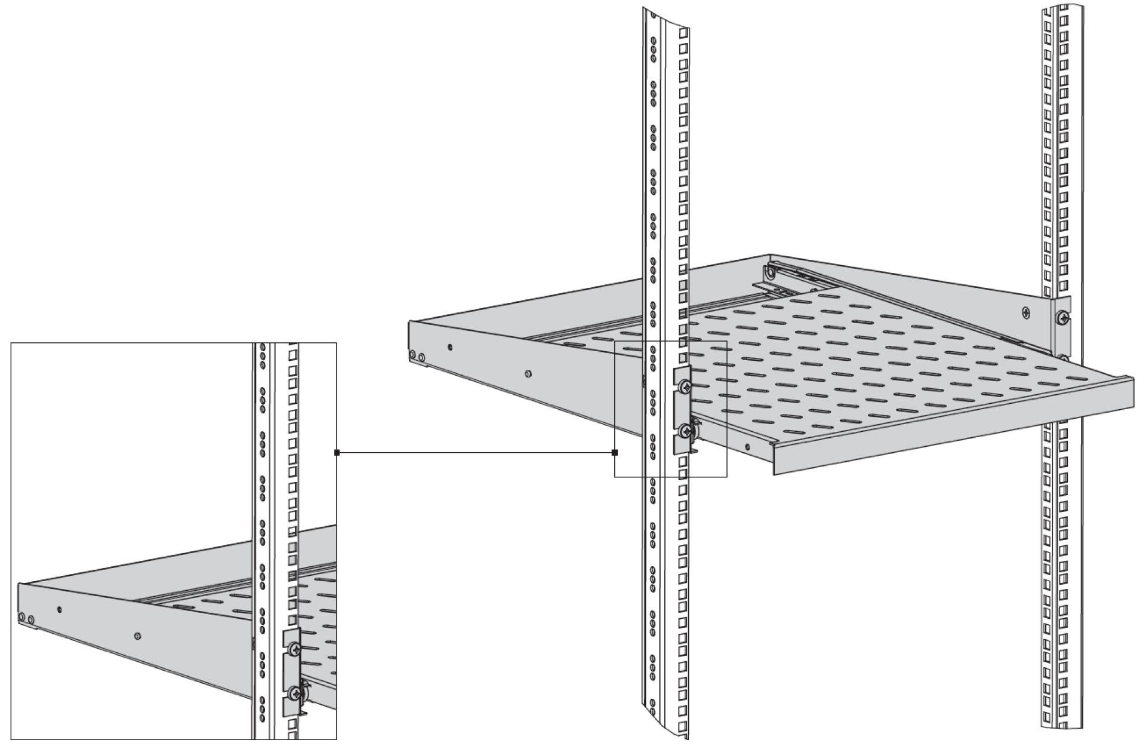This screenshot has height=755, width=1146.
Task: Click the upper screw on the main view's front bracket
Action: tap(685, 386)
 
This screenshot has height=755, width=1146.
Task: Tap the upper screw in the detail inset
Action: tap(293, 649)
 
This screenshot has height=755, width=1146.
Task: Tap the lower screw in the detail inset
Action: tap(294, 693)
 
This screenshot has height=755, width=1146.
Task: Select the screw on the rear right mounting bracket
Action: tap(1062, 317)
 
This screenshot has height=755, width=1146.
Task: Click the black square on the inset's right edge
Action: tap(337, 453)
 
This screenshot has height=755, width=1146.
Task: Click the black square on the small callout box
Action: tap(615, 453)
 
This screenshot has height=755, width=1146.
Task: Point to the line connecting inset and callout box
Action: tap(478, 453)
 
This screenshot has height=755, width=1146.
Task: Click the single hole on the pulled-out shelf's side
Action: tap(747, 446)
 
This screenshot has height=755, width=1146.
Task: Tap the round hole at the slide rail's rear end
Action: tap(771, 274)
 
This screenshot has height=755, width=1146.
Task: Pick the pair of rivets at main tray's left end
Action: tap(417, 357)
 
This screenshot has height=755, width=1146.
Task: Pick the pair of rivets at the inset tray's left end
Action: tap(26, 617)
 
